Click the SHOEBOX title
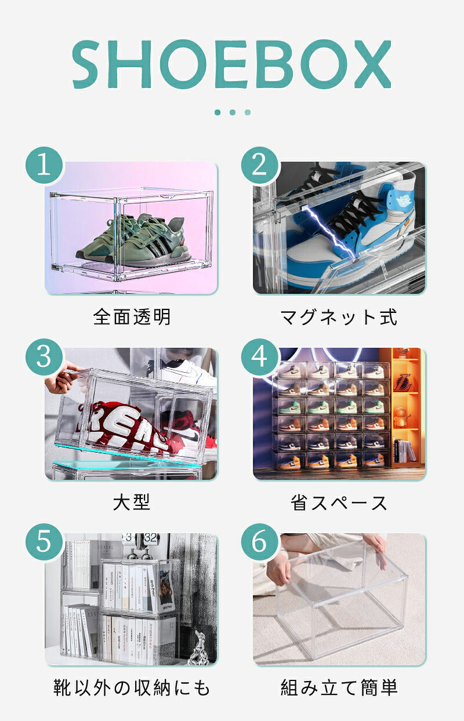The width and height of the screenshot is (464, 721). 232,64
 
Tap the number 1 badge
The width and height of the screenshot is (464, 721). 45,165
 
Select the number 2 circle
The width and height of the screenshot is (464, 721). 260,165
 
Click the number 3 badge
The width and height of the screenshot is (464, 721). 45,356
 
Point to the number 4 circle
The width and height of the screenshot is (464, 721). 260,356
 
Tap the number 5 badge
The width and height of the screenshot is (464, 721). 45,542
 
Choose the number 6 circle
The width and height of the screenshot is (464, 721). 260,542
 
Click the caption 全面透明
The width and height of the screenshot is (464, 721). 132,316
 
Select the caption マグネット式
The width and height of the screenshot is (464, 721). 339,317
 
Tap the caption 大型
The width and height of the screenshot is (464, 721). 132,502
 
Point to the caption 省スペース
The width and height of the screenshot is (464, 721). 339,502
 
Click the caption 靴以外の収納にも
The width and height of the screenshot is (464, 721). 132,687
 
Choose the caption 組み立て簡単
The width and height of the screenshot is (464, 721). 339,687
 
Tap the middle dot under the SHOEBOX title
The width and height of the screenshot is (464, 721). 233,112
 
